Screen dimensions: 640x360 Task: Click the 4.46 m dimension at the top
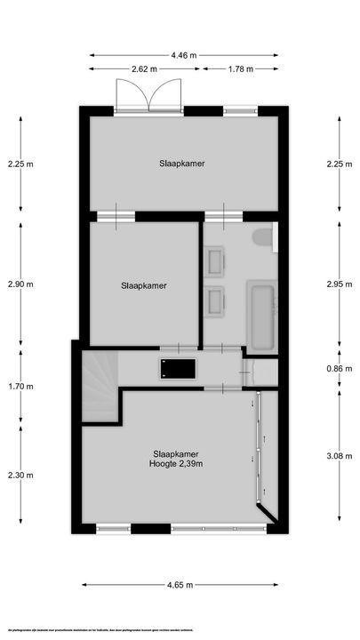184,55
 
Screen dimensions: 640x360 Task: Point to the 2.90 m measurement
20,284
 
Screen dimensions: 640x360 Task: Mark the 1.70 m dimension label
20,387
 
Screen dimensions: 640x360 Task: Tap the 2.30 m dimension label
20,475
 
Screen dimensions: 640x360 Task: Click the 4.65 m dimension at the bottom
184,584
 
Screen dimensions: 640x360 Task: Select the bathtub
260,316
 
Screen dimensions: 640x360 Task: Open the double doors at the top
148,94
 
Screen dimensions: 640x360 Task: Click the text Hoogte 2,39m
178,463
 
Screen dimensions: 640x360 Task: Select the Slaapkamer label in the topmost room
183,164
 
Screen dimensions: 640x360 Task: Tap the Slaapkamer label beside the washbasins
144,285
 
